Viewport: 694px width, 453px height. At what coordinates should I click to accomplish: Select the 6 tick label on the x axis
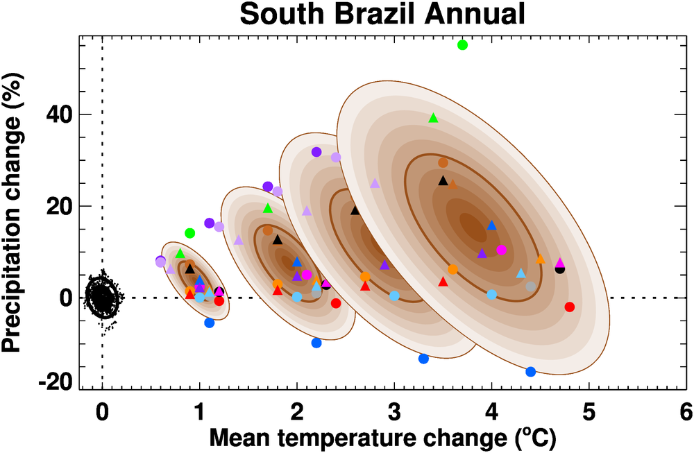tap(686, 411)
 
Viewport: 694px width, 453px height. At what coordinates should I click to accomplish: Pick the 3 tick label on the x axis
tap(394, 411)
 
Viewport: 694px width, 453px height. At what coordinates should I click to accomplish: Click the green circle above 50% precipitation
tap(463, 45)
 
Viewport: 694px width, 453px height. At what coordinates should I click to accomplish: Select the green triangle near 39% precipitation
tap(434, 118)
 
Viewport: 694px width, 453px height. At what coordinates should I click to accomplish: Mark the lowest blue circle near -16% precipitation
tap(531, 372)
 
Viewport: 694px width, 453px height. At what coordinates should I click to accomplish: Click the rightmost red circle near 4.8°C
tap(570, 307)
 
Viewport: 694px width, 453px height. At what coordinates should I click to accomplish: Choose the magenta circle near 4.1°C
tap(502, 250)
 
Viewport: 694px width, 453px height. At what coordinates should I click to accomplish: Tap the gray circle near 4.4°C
tap(531, 287)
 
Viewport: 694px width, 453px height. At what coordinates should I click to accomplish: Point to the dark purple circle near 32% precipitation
tap(316, 152)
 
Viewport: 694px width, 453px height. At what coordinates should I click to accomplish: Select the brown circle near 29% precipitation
tap(443, 163)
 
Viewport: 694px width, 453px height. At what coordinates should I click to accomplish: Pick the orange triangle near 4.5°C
tap(541, 259)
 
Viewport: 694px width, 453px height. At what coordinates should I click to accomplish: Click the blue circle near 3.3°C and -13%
tap(423, 359)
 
